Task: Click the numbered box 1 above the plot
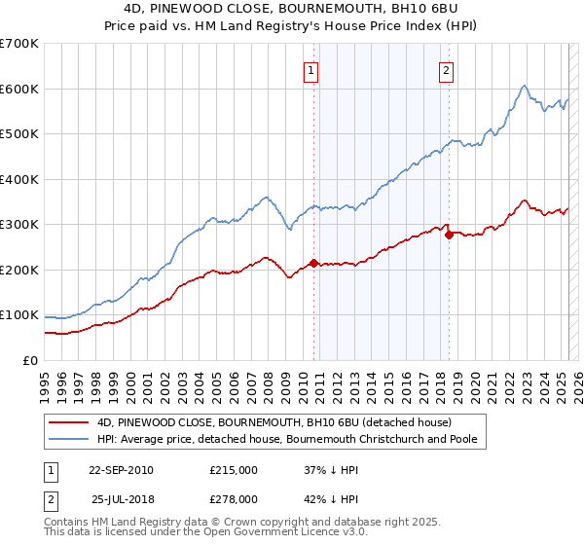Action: (x=310, y=69)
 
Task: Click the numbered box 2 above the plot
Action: (x=446, y=69)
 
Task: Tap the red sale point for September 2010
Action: (x=313, y=263)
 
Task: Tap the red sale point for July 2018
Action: (x=449, y=235)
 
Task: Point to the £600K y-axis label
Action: (x=19, y=89)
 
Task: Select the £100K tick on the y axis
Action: (x=19, y=315)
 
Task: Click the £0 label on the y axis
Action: (x=29, y=360)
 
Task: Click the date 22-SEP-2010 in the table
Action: (x=121, y=469)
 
